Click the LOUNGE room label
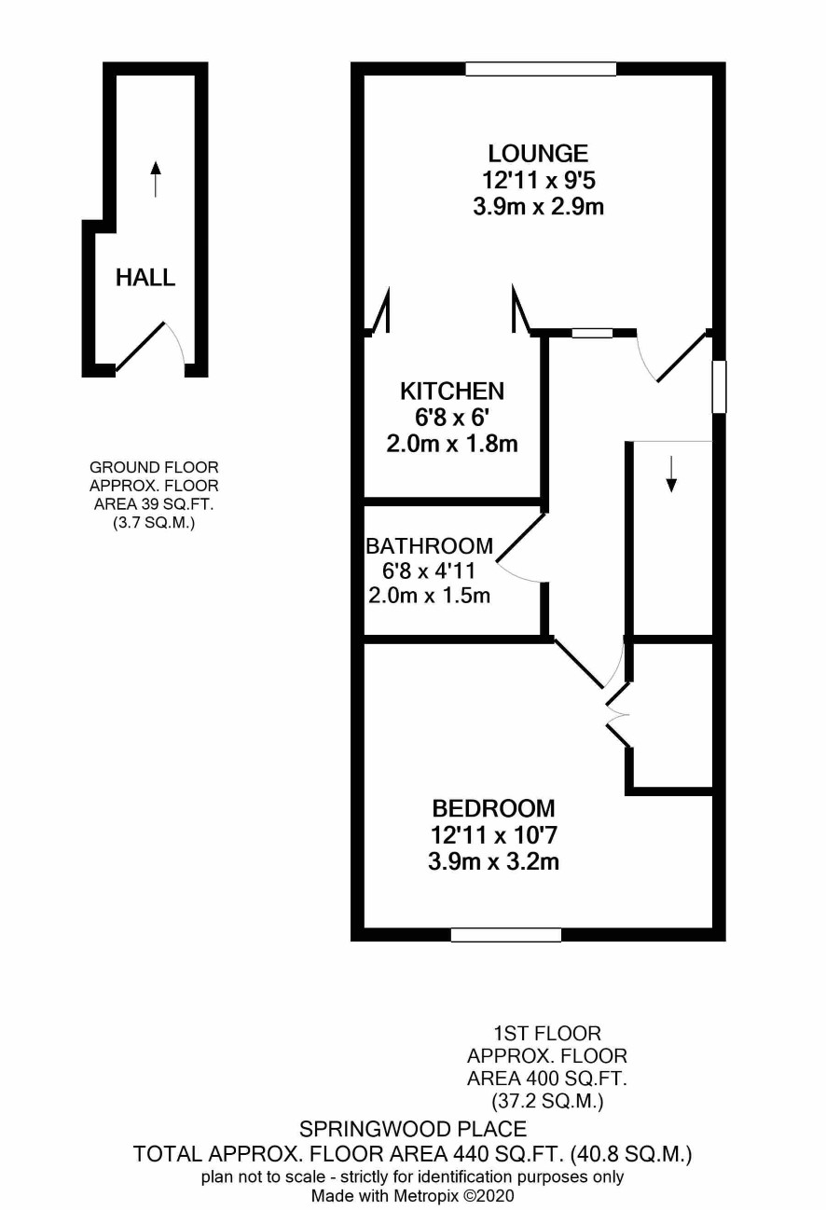[538, 154]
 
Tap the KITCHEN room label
[452, 392]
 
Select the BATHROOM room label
[430, 546]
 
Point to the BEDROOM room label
[494, 808]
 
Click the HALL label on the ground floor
[145, 278]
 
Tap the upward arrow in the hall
[156, 179]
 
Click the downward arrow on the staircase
[671, 474]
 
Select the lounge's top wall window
[541, 69]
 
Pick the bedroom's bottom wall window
[506, 935]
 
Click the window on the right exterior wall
[719, 387]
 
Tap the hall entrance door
[141, 347]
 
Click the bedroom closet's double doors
[617, 716]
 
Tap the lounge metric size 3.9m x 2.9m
[538, 207]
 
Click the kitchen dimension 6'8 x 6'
[452, 418]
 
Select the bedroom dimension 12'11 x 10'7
[494, 835]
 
